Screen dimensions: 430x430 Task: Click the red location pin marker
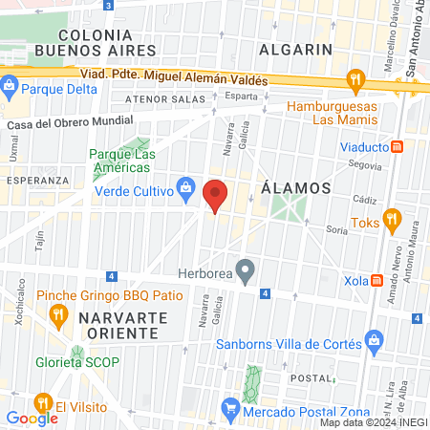[x=216, y=195]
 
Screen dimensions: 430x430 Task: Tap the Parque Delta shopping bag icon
[x=10, y=88]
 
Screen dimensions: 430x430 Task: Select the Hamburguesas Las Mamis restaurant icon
[x=355, y=79]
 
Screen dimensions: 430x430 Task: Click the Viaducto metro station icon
[x=398, y=148]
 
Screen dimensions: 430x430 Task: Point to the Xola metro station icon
[x=377, y=282]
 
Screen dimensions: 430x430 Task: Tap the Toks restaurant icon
[x=390, y=219]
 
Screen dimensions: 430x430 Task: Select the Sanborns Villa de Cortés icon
[x=375, y=341]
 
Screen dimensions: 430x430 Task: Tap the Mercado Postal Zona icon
[x=229, y=409]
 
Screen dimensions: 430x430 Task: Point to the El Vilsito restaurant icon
[x=42, y=403]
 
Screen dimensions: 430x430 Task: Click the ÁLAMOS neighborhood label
[x=296, y=188]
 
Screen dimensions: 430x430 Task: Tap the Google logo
[x=32, y=418]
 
